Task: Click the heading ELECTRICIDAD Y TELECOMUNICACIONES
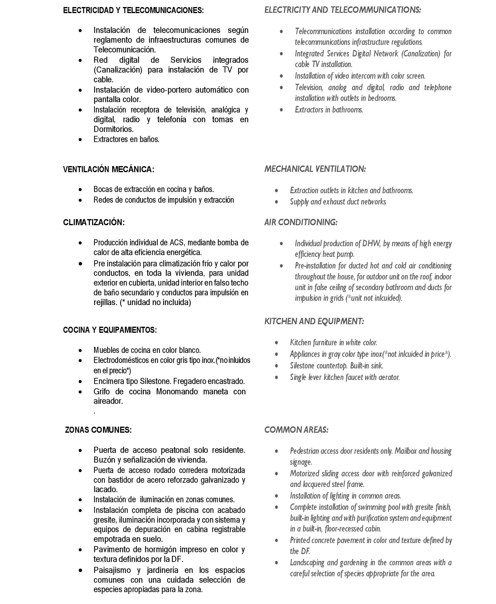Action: (133, 10)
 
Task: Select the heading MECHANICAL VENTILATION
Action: (315, 169)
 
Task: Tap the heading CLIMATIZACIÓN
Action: (94, 222)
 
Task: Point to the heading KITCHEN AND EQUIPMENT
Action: (314, 321)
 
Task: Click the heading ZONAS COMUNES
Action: (98, 430)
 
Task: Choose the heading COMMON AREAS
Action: (296, 430)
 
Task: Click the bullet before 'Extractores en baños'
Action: (80, 140)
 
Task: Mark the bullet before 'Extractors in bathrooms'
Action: (281, 110)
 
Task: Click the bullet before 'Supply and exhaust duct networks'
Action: (277, 202)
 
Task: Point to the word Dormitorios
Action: (113, 129)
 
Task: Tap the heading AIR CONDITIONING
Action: (301, 222)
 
